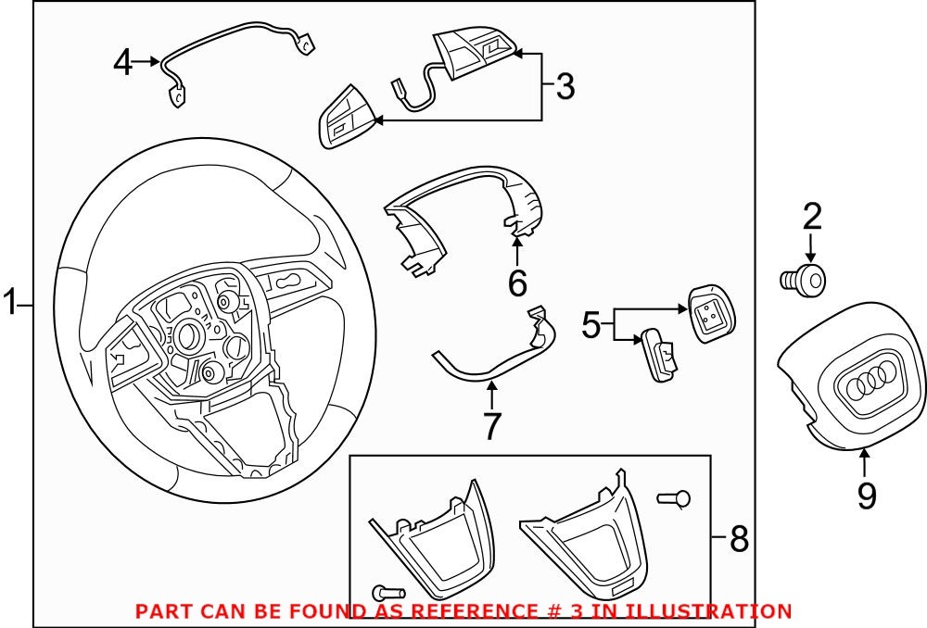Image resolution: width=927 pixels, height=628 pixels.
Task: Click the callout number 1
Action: click(x=10, y=303)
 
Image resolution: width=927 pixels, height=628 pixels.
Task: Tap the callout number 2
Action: click(x=811, y=217)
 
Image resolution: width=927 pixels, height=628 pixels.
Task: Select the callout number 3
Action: click(x=565, y=87)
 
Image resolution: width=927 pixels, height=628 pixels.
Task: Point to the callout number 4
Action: click(x=123, y=63)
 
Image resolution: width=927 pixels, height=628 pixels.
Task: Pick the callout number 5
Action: click(x=592, y=324)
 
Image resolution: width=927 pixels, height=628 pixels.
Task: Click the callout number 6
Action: click(x=517, y=282)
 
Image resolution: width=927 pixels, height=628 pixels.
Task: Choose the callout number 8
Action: click(x=738, y=538)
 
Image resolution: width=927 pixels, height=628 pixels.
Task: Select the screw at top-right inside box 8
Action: click(x=674, y=499)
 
